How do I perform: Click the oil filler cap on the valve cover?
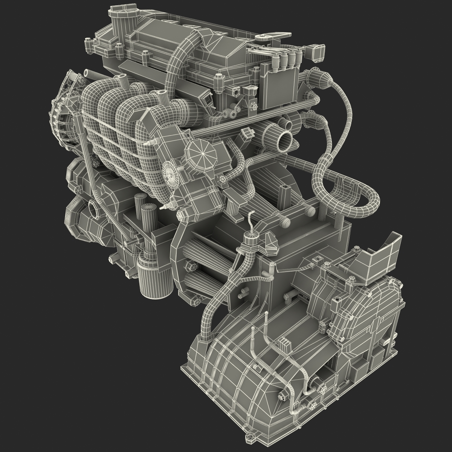(120, 14)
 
